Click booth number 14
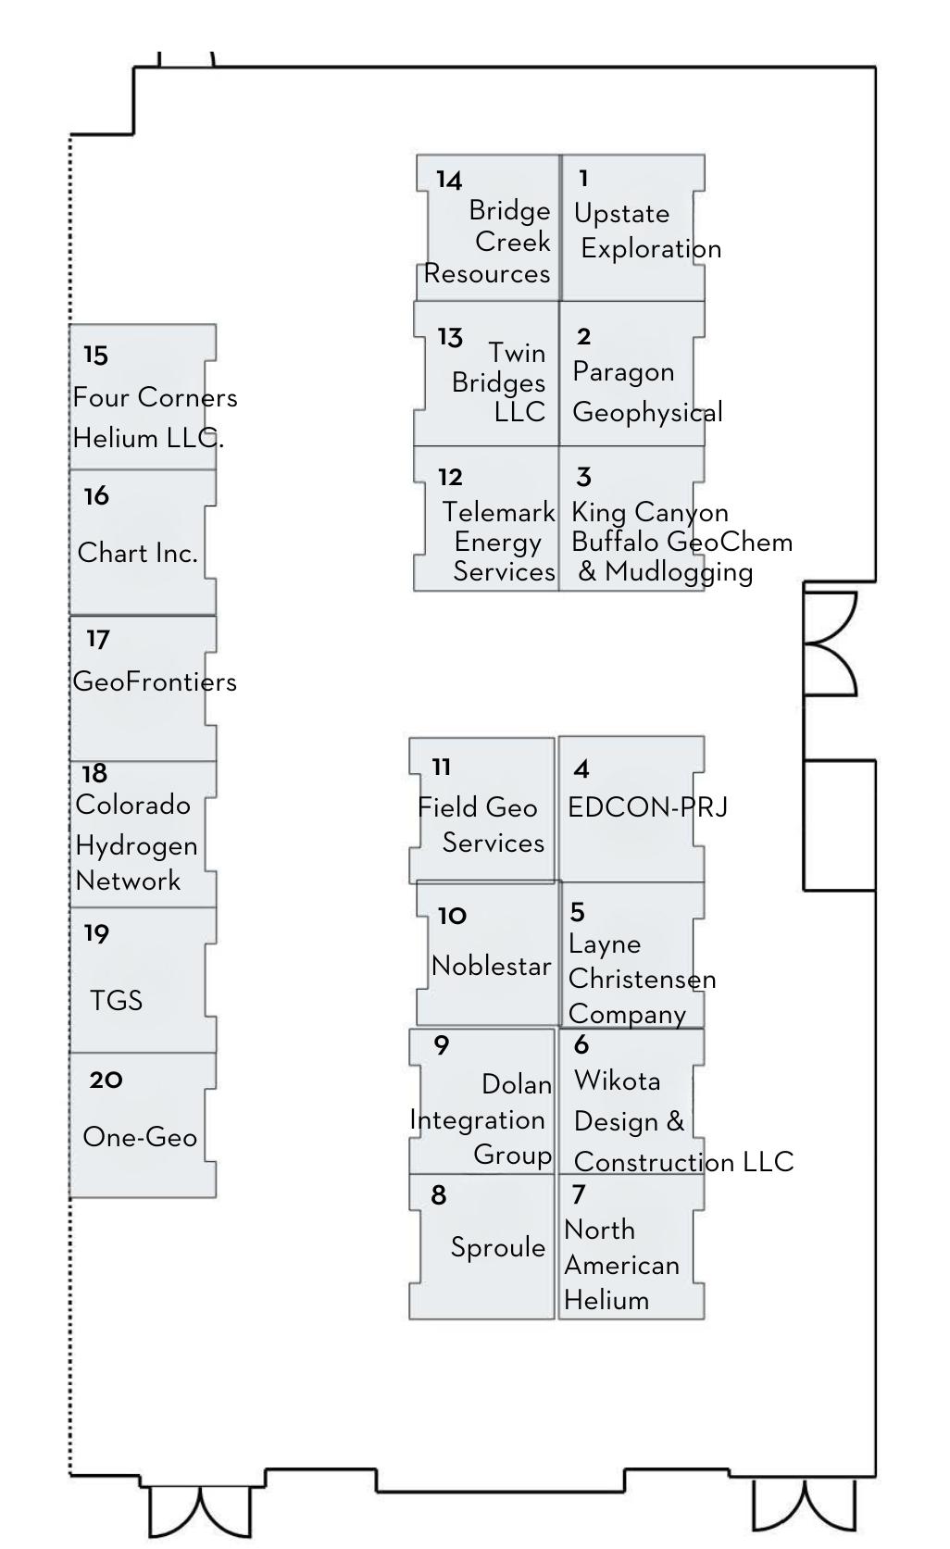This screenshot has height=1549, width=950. [x=449, y=180]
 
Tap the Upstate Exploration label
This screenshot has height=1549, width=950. [x=646, y=231]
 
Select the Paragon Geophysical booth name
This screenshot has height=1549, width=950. [x=646, y=392]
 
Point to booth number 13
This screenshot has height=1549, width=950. [x=450, y=338]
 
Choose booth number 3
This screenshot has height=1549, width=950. [x=583, y=478]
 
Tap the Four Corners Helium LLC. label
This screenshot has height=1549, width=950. [x=154, y=418]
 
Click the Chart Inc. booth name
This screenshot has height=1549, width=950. [x=138, y=554]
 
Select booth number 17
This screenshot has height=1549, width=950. [x=98, y=640]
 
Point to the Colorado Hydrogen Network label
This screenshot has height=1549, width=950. [x=135, y=843]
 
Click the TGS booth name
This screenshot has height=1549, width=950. [x=117, y=1001]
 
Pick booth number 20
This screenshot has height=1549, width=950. [x=106, y=1081]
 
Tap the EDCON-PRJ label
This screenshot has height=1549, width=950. [x=647, y=807]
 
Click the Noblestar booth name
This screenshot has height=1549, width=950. [x=491, y=967]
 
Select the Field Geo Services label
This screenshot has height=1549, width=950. [x=481, y=825]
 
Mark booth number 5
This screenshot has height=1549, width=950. [x=578, y=913]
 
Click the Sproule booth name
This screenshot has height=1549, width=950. [x=497, y=1248]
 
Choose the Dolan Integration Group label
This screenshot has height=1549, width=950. [x=481, y=1119]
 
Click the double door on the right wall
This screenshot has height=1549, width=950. [x=831, y=643]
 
